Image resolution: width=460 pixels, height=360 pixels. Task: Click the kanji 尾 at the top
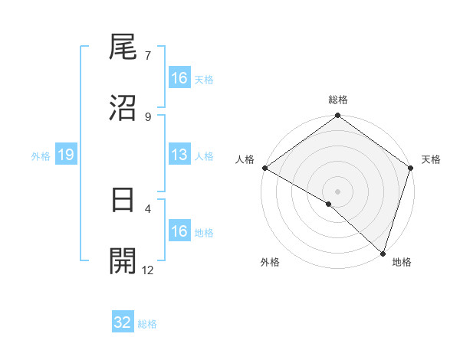(x=123, y=48)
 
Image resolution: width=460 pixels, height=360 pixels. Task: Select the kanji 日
(x=123, y=201)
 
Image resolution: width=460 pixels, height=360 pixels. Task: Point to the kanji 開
(x=123, y=261)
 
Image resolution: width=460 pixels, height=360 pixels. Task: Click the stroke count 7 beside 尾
(x=148, y=56)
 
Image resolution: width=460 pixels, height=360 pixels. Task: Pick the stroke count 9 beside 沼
(x=148, y=116)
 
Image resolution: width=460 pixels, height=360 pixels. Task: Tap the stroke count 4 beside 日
(x=148, y=208)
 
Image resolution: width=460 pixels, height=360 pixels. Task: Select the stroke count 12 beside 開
(x=149, y=270)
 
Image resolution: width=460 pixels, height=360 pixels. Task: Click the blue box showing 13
(x=179, y=155)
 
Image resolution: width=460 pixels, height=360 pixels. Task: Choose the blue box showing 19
(x=66, y=155)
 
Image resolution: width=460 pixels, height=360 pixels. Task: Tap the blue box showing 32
(x=123, y=322)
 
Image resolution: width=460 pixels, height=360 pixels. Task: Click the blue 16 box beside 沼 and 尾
(x=179, y=78)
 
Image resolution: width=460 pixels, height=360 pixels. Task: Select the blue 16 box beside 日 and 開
(x=179, y=231)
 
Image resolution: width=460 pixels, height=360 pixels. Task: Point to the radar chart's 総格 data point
(x=338, y=116)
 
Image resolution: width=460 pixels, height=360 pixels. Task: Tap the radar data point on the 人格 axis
(x=265, y=168)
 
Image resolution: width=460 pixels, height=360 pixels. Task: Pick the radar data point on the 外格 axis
(x=329, y=204)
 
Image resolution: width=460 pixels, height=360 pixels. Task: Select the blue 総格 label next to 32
(x=147, y=324)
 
